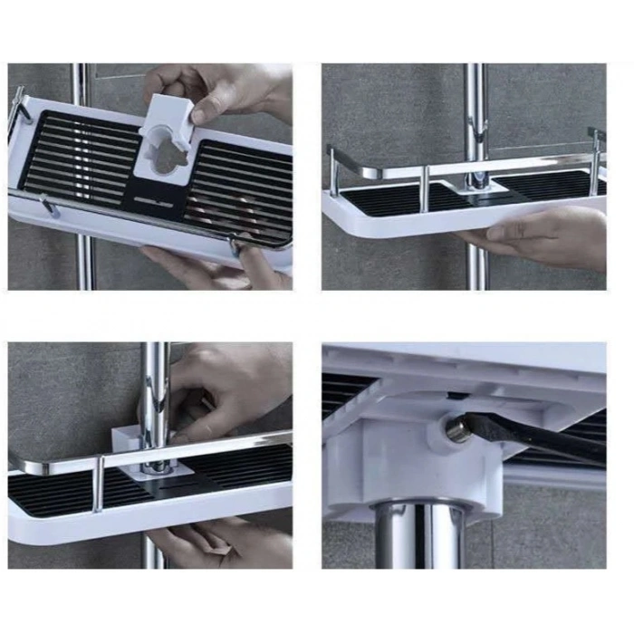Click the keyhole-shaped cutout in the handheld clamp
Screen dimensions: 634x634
pos(166,152)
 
